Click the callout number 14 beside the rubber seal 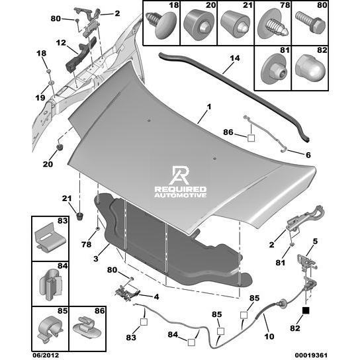click(235, 58)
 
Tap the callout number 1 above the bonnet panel click(209, 107)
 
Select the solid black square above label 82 click(306, 310)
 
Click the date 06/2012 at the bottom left click(46, 355)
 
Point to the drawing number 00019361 click(311, 355)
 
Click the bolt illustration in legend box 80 click(310, 23)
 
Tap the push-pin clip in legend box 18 click(161, 24)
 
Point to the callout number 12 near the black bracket click(61, 43)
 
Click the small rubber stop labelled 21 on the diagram click(79, 216)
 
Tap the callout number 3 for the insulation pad click(96, 259)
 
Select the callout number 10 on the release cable click(269, 336)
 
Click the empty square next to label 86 click(251, 138)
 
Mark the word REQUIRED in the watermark click(181, 189)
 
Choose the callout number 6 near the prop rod click(308, 155)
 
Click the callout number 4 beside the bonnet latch click(156, 297)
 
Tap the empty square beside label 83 click(144, 322)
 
